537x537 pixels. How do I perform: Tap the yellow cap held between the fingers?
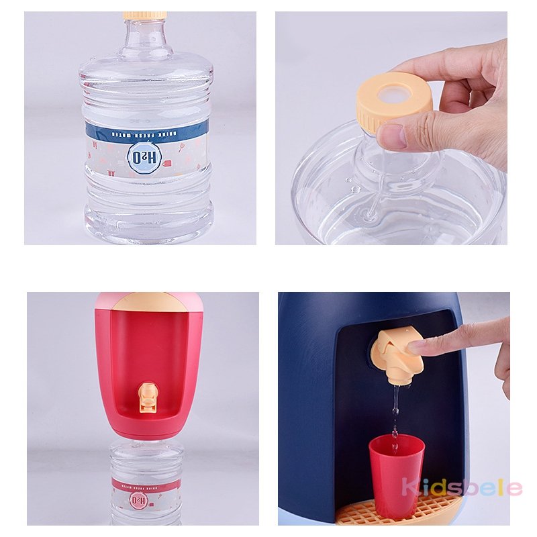click(x=394, y=101)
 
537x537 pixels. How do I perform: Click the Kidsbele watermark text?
click(x=462, y=487)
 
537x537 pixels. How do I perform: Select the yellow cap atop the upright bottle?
click(x=144, y=14)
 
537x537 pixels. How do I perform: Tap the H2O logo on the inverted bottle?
click(x=138, y=499)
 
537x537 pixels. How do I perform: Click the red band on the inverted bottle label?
click(x=146, y=484)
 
